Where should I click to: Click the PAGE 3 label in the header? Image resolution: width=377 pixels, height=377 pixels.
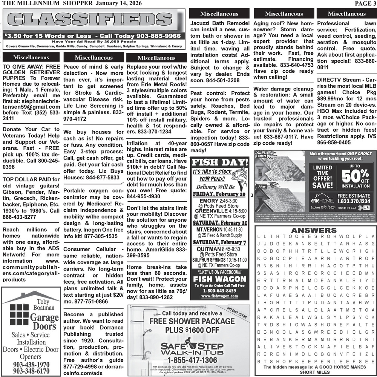click(x=363, y=3)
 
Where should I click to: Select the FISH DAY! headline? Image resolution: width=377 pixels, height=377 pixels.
click(x=219, y=163)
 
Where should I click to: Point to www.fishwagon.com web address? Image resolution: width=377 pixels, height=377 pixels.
click(x=219, y=296)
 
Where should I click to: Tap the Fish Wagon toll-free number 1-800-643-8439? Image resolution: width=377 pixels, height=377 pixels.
click(x=219, y=291)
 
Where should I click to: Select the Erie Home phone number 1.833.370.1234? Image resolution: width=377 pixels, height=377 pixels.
click(x=354, y=201)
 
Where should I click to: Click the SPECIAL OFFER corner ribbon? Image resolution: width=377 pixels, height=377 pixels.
click(x=237, y=313)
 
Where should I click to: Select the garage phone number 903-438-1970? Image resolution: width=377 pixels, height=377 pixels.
click(x=31, y=365)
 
